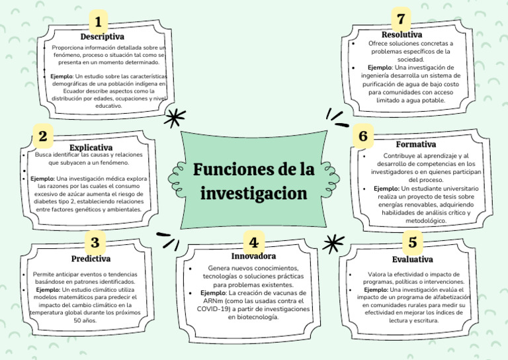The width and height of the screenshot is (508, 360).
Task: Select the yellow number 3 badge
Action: click(x=95, y=243)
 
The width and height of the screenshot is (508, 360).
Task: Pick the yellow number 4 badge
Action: click(x=253, y=240)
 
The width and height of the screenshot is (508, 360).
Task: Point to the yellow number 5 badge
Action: click(x=413, y=242)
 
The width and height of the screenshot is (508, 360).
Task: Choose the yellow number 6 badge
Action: click(x=362, y=136)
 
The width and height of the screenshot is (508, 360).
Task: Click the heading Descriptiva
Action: click(x=102, y=37)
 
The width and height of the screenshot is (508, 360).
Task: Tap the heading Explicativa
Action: click(x=91, y=147)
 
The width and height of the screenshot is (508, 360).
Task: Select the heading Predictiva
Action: click(x=91, y=259)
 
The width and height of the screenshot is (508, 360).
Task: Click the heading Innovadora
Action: click(x=253, y=255)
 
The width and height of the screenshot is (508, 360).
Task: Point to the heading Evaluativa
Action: click(x=412, y=259)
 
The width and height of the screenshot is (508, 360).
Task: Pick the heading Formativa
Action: click(x=415, y=144)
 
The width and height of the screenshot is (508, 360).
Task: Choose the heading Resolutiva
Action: click(x=402, y=34)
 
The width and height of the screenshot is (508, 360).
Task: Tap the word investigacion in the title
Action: click(x=253, y=194)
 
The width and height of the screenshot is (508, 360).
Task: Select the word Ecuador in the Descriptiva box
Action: click(x=86, y=91)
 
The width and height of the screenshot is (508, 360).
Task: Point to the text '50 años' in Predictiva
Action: click(x=85, y=320)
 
